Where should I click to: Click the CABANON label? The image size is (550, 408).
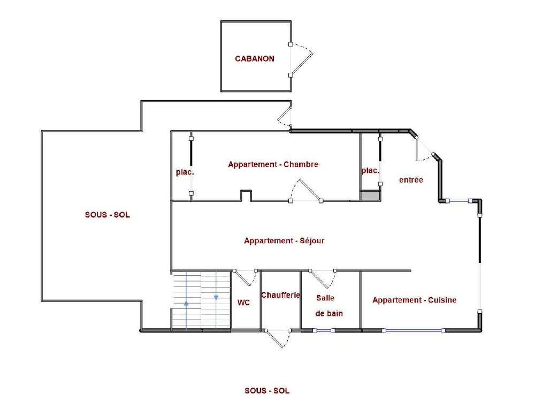tap(255, 59)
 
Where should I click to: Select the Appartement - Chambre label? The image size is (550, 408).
tap(273, 164)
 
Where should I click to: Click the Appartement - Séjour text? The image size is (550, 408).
tap(284, 240)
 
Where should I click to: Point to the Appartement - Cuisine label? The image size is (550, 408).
tap(414, 300)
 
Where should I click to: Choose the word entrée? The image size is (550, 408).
tap(411, 180)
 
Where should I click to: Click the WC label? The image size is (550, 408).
tap(243, 303)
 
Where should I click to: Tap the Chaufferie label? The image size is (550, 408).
tap(280, 295)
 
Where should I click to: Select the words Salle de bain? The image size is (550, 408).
tap(329, 306)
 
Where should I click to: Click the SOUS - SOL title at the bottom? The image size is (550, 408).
tap(267, 390)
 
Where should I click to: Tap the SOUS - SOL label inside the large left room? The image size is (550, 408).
tap(108, 215)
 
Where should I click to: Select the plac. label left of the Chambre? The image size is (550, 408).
tap(185, 172)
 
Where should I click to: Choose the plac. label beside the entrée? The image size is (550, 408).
tap(370, 171)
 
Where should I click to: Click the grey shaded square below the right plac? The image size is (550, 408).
tap(370, 195)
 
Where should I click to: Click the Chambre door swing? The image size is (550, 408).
tap(305, 191)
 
